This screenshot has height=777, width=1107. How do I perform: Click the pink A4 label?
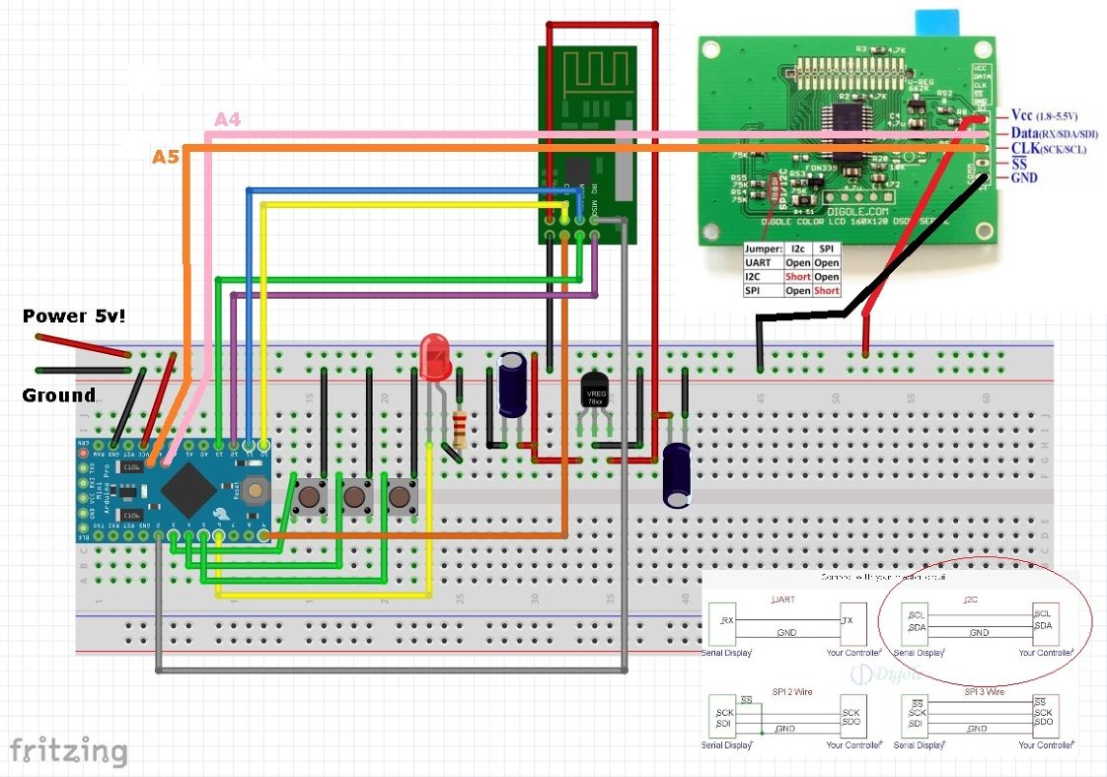point(228,119)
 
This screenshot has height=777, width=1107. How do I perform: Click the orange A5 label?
point(166,156)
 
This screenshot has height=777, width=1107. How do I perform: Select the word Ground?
point(59,395)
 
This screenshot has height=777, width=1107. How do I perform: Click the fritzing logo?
point(68,751)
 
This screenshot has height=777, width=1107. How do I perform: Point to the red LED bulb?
point(434,356)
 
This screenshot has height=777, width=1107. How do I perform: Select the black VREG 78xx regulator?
point(596,390)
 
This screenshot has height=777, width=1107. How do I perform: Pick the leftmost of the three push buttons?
point(307,496)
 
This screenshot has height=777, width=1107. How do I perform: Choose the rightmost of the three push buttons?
point(401,496)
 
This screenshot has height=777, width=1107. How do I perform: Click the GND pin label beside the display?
point(1024,178)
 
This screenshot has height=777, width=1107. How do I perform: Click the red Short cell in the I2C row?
point(797,277)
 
